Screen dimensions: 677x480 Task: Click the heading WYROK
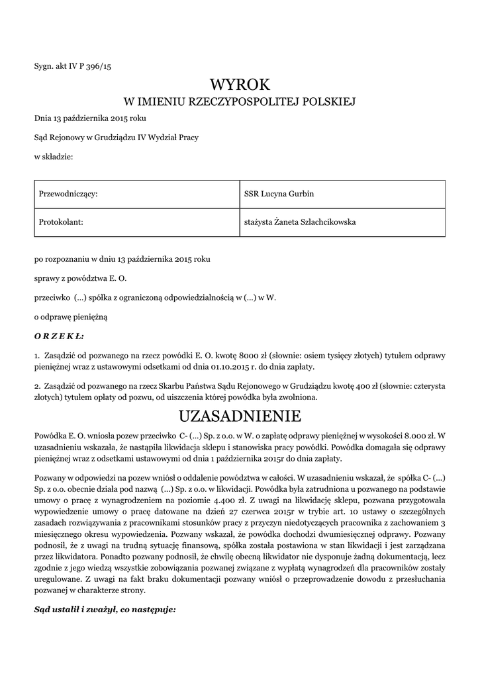pos(240,85)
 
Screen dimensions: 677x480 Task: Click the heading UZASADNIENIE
pos(240,416)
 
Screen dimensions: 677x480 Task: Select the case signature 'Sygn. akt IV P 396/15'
pos(73,65)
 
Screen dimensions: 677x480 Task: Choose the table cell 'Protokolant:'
pos(61,222)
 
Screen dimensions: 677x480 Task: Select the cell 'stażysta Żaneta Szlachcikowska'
pos(301,222)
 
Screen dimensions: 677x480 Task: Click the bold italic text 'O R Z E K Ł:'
pos(59,336)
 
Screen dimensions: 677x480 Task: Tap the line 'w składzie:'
pos(54,156)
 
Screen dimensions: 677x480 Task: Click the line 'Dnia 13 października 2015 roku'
pos(90,118)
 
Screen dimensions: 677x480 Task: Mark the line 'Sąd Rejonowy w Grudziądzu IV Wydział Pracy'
pos(116,137)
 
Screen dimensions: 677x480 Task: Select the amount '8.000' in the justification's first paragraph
pos(410,436)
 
